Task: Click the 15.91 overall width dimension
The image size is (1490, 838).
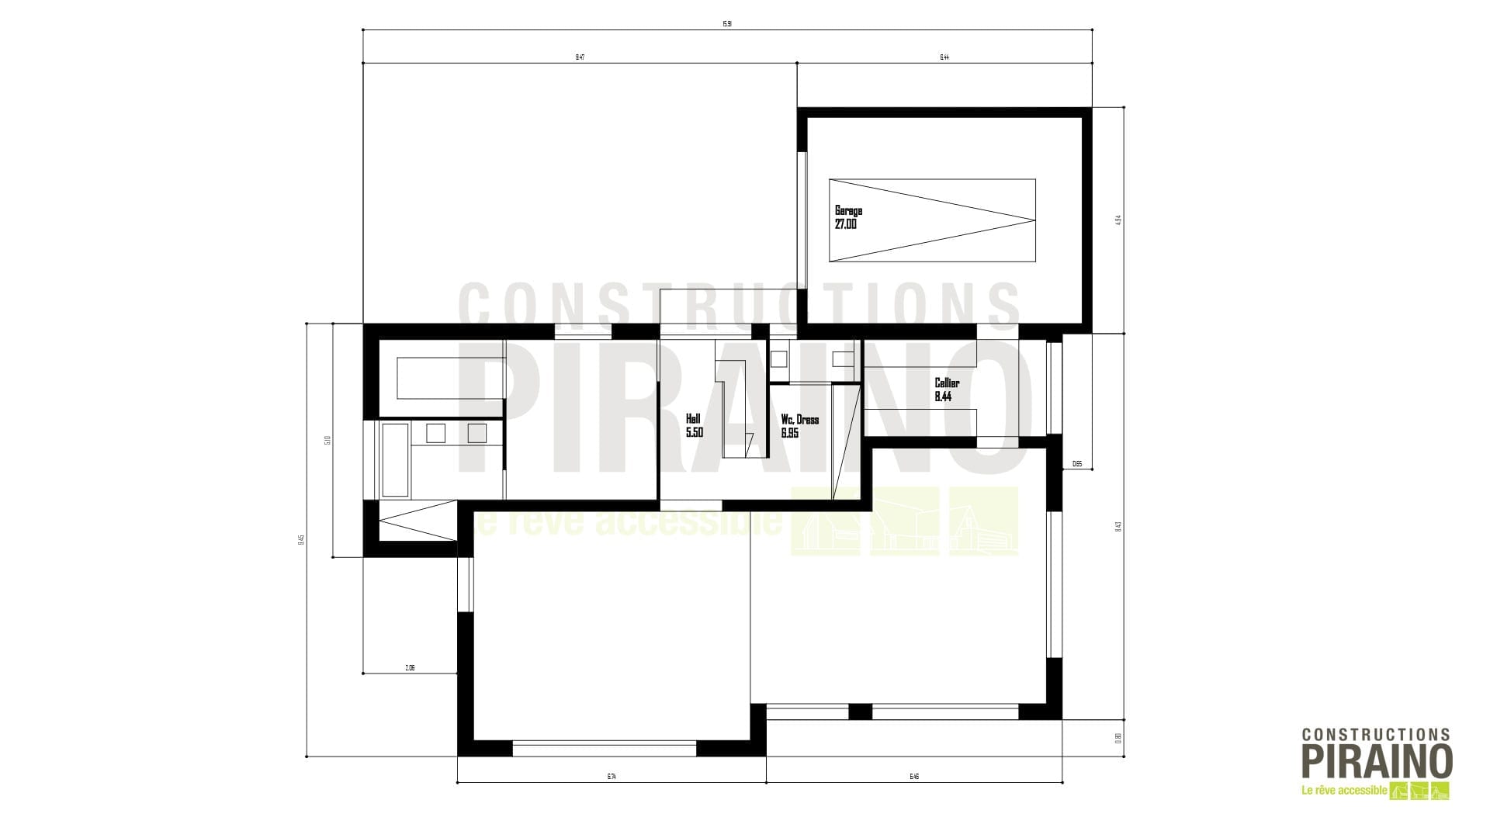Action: coord(727,24)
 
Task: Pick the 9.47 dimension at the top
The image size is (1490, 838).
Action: coord(580,57)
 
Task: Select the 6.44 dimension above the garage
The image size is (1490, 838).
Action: coord(944,57)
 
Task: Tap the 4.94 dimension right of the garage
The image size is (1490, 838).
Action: coord(1118,220)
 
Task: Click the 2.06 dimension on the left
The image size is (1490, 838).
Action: coord(410,668)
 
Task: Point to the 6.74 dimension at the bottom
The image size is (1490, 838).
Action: coord(612,777)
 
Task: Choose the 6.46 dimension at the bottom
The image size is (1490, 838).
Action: coord(914,777)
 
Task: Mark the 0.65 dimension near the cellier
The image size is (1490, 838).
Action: coord(1077,464)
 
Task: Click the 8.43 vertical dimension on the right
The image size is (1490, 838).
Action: coord(1118,526)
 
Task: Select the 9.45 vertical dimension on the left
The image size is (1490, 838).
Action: coord(301,539)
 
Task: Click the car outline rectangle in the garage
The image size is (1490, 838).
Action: coord(931,221)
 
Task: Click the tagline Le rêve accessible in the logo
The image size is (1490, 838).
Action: coord(1343,791)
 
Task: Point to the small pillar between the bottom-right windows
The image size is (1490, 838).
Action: coord(860,712)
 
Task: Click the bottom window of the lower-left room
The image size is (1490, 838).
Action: coord(605,749)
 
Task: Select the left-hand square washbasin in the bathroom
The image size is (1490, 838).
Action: coord(435,433)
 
